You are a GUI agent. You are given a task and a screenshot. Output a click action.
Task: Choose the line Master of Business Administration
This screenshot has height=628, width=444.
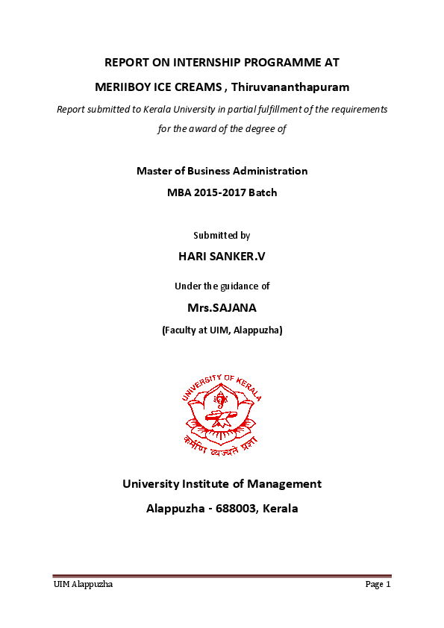click(222, 171)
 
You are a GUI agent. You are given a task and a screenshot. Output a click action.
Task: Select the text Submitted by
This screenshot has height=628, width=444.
click(222, 235)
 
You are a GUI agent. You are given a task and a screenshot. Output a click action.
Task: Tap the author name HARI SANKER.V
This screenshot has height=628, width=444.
click(222, 256)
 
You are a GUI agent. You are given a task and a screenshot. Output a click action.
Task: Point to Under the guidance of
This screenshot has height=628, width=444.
click(222, 286)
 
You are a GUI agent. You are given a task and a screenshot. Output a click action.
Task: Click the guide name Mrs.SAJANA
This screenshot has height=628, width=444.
click(222, 307)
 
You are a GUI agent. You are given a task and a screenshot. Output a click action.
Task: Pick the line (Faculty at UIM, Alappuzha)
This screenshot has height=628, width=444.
click(222, 329)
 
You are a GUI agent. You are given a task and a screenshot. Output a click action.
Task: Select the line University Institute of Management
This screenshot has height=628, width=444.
click(222, 484)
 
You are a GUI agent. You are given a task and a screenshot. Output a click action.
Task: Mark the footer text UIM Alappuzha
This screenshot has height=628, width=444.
click(83, 585)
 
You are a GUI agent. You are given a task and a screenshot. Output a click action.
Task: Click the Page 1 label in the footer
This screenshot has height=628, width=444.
click(378, 585)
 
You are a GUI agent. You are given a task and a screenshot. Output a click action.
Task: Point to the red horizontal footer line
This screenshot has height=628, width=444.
click(222, 576)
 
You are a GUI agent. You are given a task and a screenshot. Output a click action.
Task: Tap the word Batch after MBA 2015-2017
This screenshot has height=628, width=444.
click(262, 192)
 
